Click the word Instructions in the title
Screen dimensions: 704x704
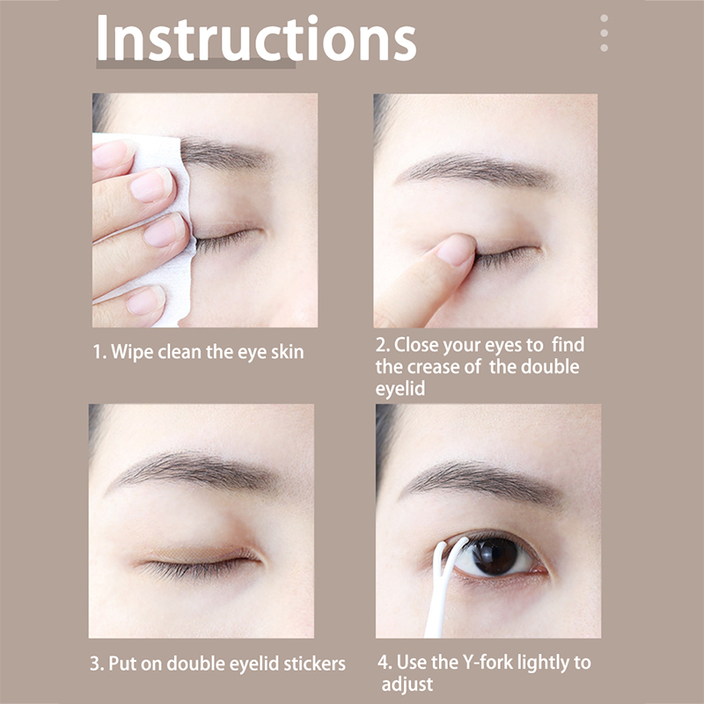pos(256,38)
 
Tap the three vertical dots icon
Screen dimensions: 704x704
pos(604,33)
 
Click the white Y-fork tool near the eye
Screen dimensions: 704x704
pos(443,583)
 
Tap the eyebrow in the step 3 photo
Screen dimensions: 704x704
pos(193,472)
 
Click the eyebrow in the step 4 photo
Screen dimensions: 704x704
pos(482,482)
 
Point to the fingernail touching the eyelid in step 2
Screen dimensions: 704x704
pos(456,250)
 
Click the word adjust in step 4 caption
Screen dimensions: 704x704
pos(407,686)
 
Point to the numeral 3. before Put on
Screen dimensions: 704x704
pos(97,664)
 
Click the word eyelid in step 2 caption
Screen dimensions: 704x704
pos(400,389)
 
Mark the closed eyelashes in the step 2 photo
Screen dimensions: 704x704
pos(508,257)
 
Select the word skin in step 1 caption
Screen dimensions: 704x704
pos(288,352)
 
